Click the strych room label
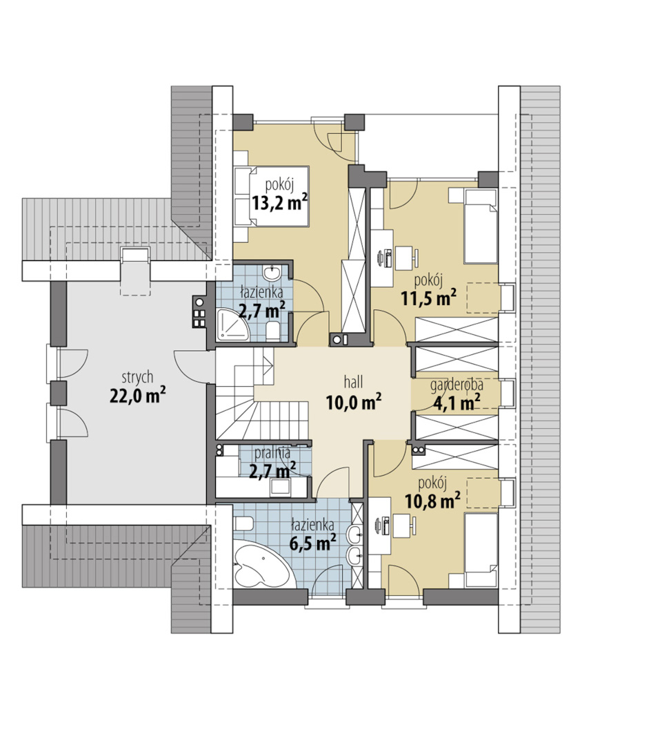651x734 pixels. [x=137, y=377]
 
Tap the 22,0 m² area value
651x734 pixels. [x=138, y=396]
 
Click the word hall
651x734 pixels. [x=354, y=382]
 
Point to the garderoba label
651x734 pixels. [x=457, y=385]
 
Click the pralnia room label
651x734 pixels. [x=272, y=453]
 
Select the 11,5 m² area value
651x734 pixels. [x=429, y=298]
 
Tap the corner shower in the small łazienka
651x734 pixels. [x=232, y=324]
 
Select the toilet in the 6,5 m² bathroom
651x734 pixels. [x=243, y=523]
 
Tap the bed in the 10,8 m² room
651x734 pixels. [x=481, y=550]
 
